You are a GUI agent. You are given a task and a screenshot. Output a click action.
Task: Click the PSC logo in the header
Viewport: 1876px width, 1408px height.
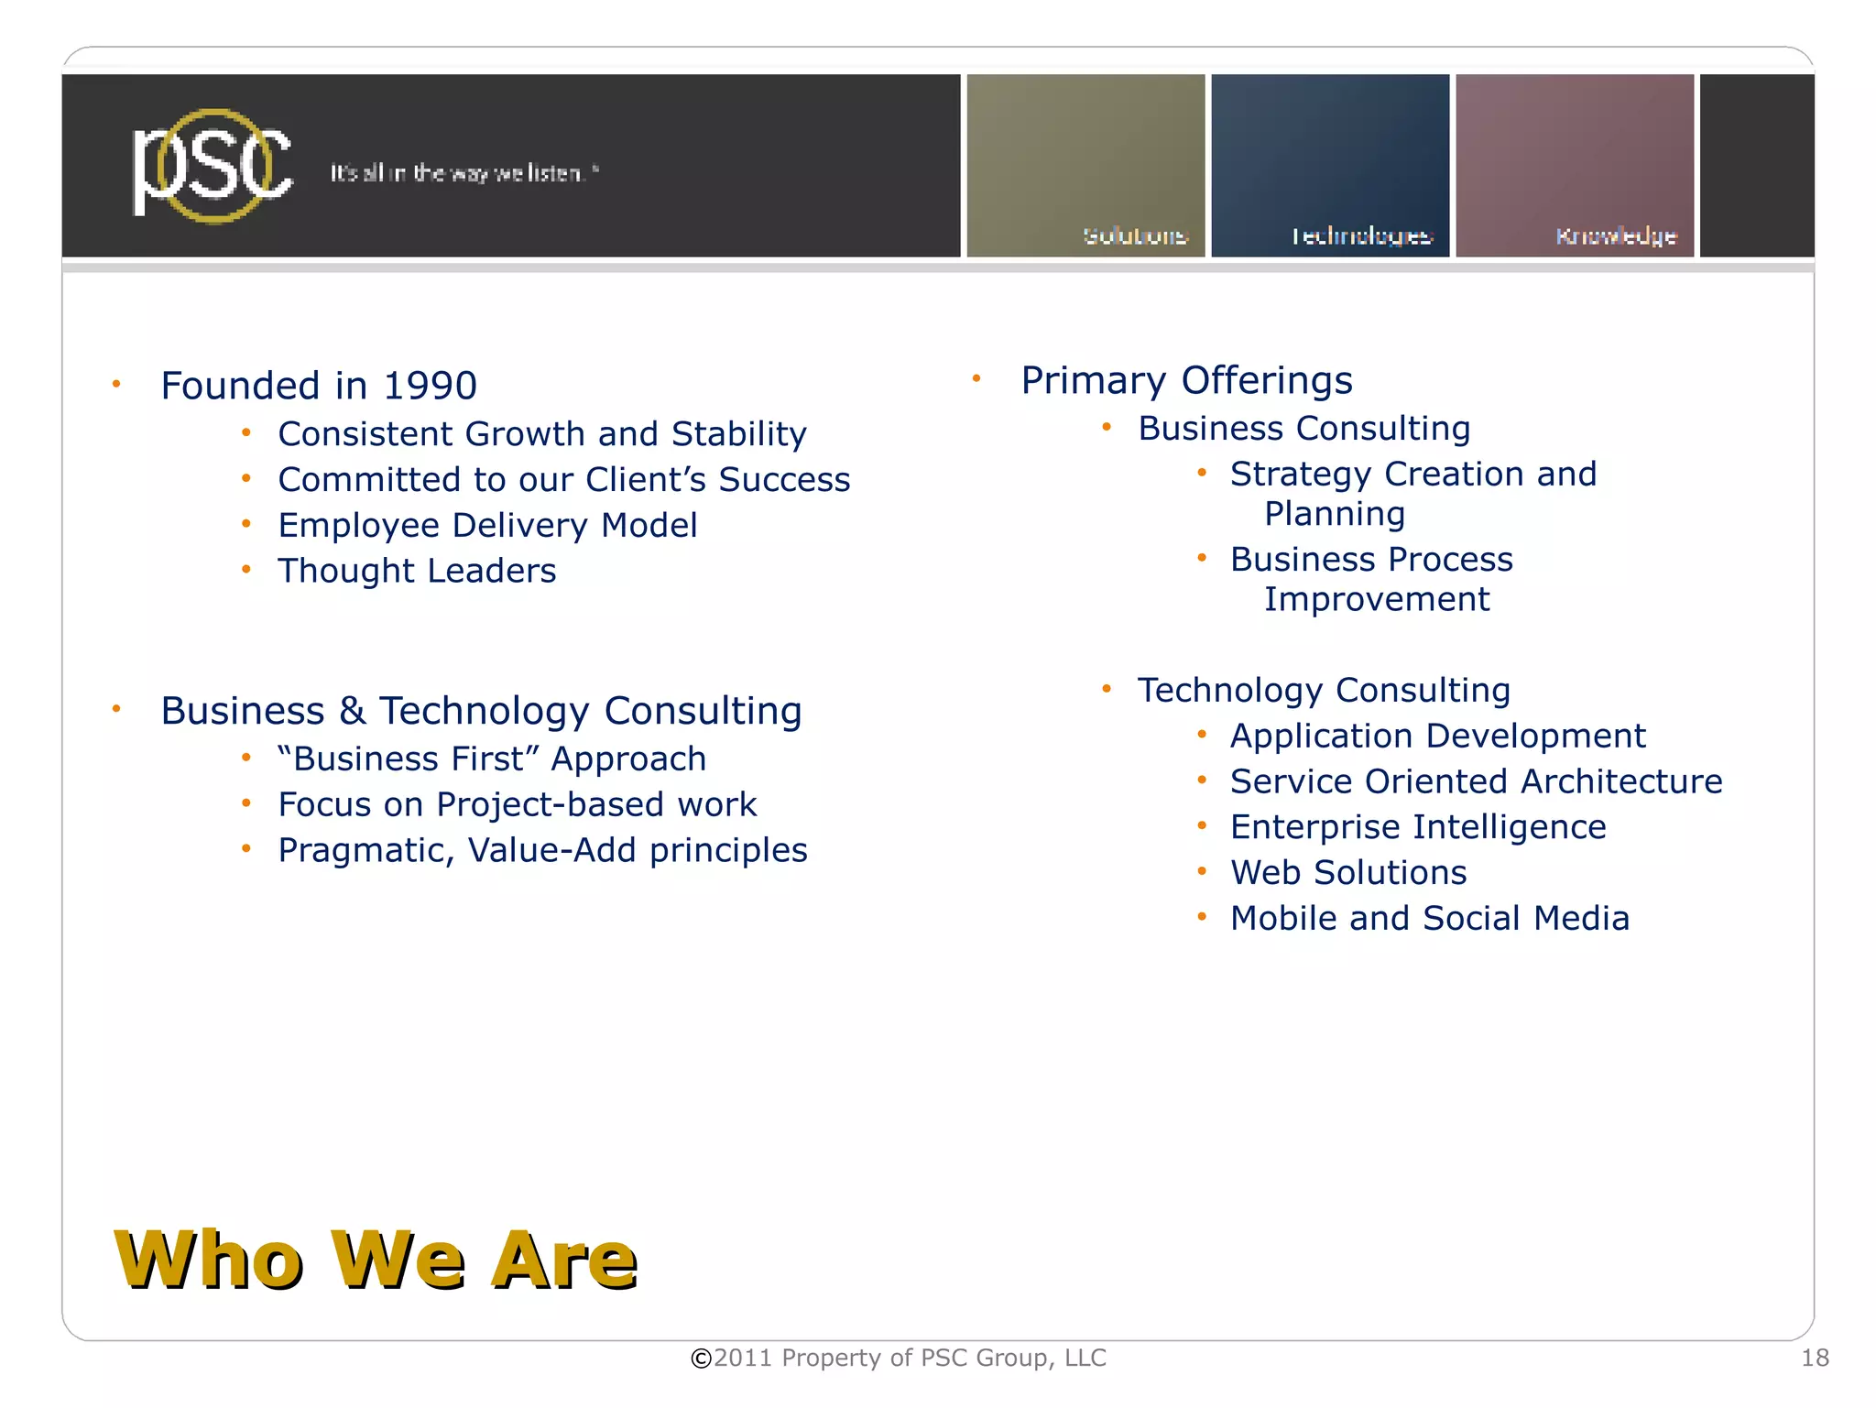click(x=213, y=167)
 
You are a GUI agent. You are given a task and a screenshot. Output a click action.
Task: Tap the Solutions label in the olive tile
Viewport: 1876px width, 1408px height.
click(x=1135, y=236)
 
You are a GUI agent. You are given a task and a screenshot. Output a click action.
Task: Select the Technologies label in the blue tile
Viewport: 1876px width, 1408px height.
click(x=1361, y=236)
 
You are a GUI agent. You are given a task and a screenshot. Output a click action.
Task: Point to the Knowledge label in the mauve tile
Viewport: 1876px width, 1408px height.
click(x=1616, y=236)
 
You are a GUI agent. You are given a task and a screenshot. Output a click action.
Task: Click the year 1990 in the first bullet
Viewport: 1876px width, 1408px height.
click(x=430, y=386)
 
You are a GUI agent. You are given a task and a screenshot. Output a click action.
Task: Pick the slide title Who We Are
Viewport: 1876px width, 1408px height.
click(x=376, y=1261)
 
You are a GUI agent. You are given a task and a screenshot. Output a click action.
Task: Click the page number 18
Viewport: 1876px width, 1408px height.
click(x=1815, y=1358)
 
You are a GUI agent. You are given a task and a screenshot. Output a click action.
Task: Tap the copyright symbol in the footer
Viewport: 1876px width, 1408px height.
click(x=701, y=1359)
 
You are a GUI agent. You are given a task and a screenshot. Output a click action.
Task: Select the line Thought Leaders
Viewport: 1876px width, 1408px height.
click(x=417, y=571)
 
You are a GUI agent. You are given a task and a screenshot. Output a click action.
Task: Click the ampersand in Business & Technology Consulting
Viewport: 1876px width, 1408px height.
click(x=353, y=711)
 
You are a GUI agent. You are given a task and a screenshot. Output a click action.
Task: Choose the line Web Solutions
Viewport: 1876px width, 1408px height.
click(x=1348, y=872)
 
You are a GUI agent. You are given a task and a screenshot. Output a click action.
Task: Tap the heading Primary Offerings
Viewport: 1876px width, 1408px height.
click(x=1186, y=380)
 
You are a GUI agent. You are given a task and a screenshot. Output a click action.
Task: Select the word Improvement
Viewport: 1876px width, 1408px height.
click(x=1377, y=599)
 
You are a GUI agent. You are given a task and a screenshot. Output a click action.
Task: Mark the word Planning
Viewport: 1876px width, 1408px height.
click(x=1335, y=514)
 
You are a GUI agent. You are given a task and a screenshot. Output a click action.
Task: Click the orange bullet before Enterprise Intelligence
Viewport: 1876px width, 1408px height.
click(x=1202, y=826)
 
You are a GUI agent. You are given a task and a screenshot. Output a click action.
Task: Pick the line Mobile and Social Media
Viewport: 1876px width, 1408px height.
click(x=1430, y=918)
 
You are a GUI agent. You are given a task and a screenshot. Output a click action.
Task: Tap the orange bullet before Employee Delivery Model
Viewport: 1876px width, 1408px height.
click(x=246, y=525)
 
